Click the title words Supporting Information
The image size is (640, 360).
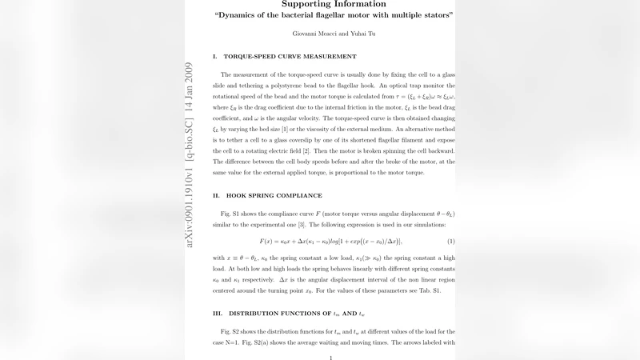tap(334, 5)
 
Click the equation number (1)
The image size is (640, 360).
tap(451, 242)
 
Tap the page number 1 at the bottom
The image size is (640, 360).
tap(331, 357)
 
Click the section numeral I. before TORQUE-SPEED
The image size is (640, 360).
tap(214, 57)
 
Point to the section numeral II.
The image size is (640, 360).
tap(215, 195)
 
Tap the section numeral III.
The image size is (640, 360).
tap(217, 313)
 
